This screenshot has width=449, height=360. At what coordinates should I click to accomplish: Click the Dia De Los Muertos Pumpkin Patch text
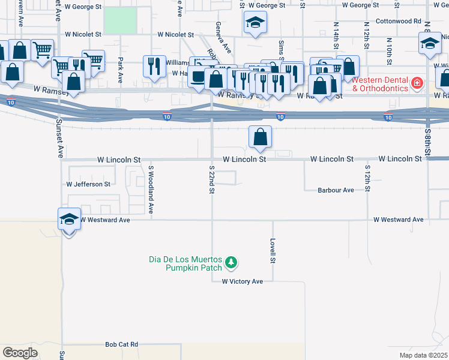pos(186,263)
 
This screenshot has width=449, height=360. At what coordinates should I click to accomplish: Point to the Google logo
pos(20,353)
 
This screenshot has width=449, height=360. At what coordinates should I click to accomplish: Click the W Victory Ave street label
pos(243,281)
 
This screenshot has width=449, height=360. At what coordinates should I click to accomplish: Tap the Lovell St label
pos(273,252)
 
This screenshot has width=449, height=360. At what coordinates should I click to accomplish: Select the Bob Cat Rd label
pos(121,344)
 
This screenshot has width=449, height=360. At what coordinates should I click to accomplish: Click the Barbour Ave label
pos(336,190)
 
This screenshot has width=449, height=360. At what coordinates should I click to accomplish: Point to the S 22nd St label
pos(212,180)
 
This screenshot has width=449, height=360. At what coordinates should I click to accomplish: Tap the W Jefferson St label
pos(88,184)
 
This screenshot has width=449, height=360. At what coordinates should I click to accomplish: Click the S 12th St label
pos(367,178)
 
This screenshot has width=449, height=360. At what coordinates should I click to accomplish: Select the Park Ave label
pos(120,70)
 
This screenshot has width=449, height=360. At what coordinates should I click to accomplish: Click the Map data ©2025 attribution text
pos(423,355)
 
